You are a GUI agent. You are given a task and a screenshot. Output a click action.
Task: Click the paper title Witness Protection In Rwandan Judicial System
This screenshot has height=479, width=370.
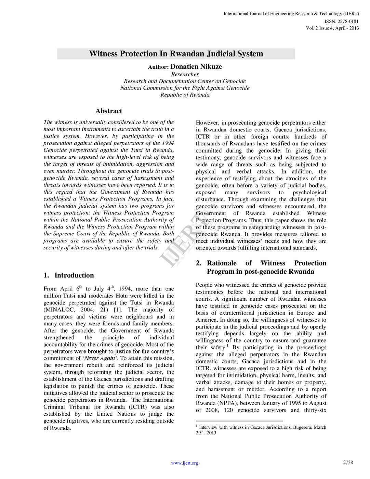click(x=176, y=54)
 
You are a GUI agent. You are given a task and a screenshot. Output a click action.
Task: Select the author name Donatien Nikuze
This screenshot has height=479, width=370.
click(x=196, y=67)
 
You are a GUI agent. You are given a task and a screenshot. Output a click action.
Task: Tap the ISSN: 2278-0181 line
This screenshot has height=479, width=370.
click(x=342, y=21)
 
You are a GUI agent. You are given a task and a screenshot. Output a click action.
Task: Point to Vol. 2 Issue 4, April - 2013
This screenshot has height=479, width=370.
click(x=332, y=28)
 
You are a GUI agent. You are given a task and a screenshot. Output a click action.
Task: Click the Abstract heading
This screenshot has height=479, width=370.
click(x=109, y=111)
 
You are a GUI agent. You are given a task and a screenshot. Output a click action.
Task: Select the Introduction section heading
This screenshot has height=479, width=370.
click(x=74, y=275)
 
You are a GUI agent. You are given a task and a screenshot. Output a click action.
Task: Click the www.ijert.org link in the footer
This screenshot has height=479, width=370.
click(x=185, y=463)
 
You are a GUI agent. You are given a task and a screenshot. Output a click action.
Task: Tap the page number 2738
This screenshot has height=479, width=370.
click(x=348, y=462)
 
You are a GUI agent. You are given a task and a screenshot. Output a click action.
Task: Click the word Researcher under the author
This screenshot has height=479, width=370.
click(x=185, y=74)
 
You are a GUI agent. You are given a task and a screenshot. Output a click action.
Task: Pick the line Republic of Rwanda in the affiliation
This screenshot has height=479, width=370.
click(x=185, y=95)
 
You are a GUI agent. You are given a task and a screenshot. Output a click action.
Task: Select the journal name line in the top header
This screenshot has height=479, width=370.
click(x=291, y=14)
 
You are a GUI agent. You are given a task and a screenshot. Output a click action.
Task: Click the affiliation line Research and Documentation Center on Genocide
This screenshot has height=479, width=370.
click(x=185, y=81)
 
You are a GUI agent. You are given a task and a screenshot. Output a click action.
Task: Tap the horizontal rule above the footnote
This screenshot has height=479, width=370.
click(x=239, y=421)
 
